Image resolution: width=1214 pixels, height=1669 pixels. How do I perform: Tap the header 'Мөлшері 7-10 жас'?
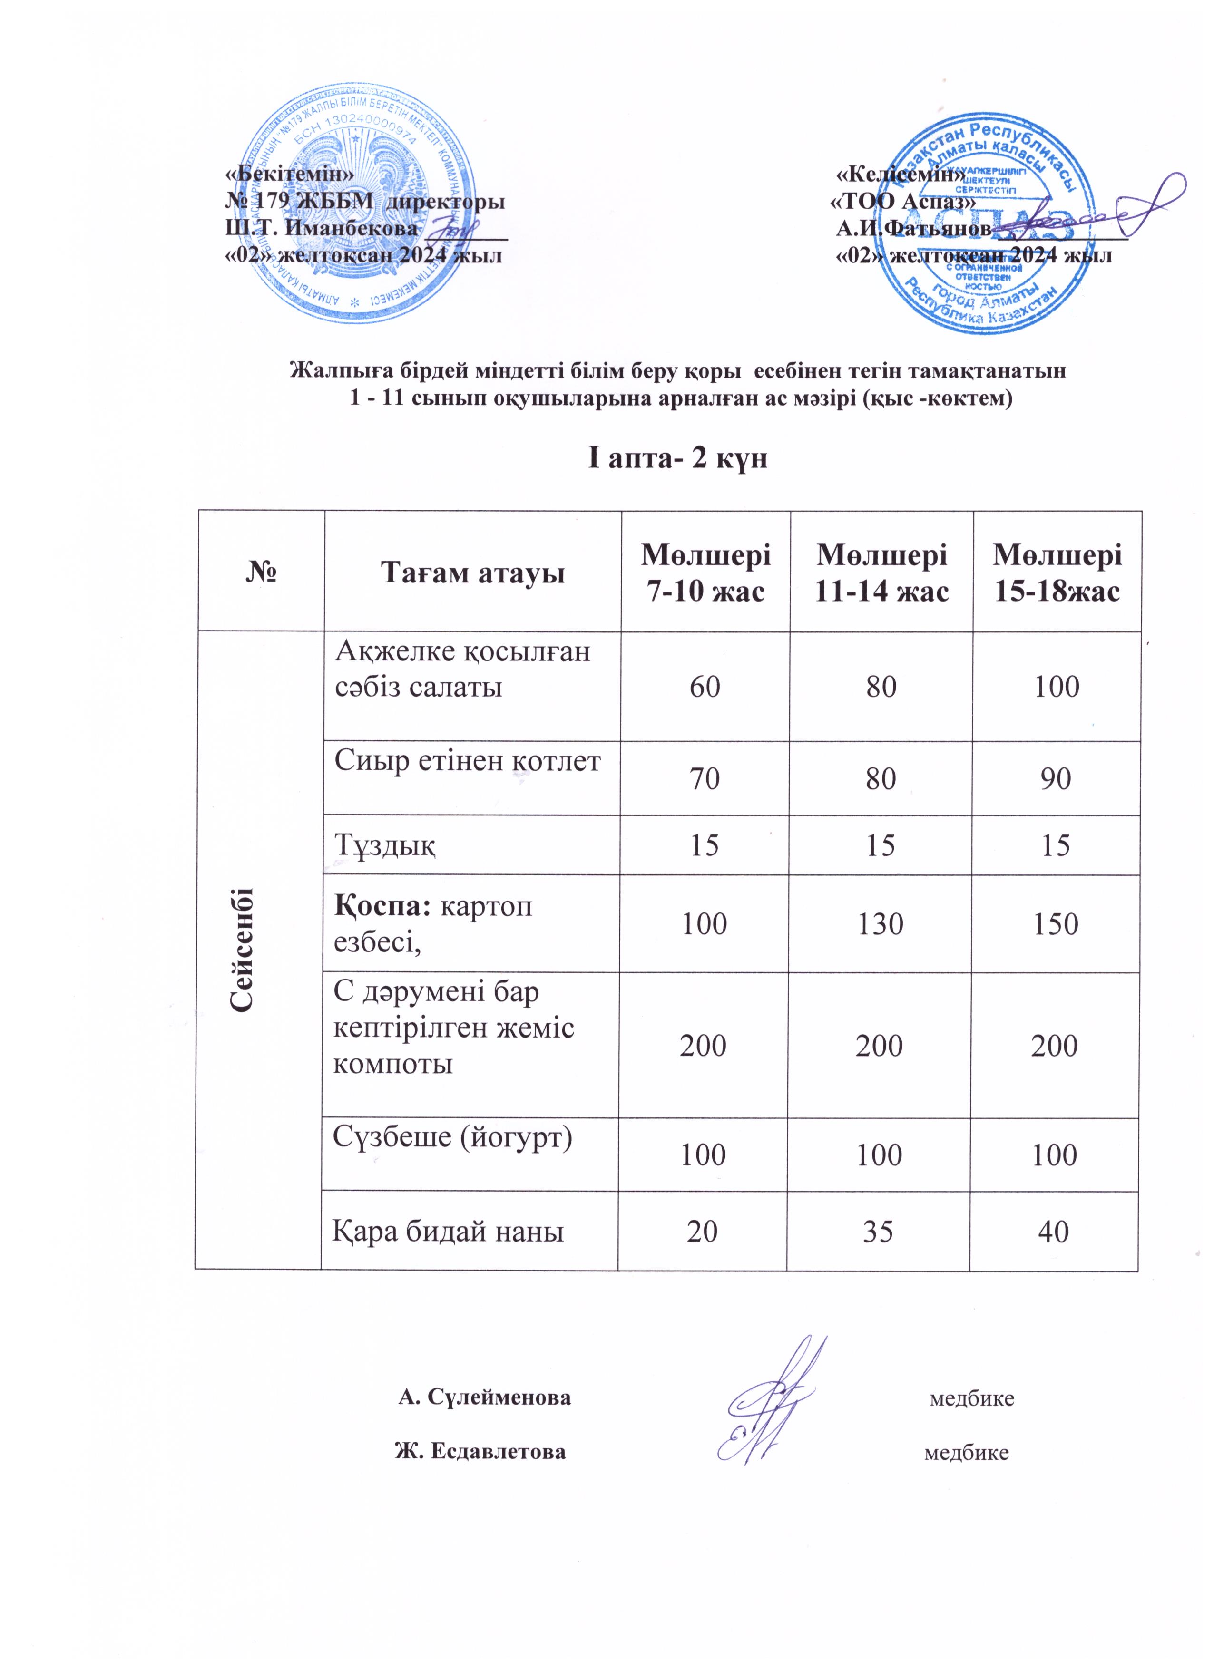pos(705,572)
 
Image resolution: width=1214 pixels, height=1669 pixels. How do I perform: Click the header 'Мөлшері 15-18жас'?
pos(1057,572)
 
